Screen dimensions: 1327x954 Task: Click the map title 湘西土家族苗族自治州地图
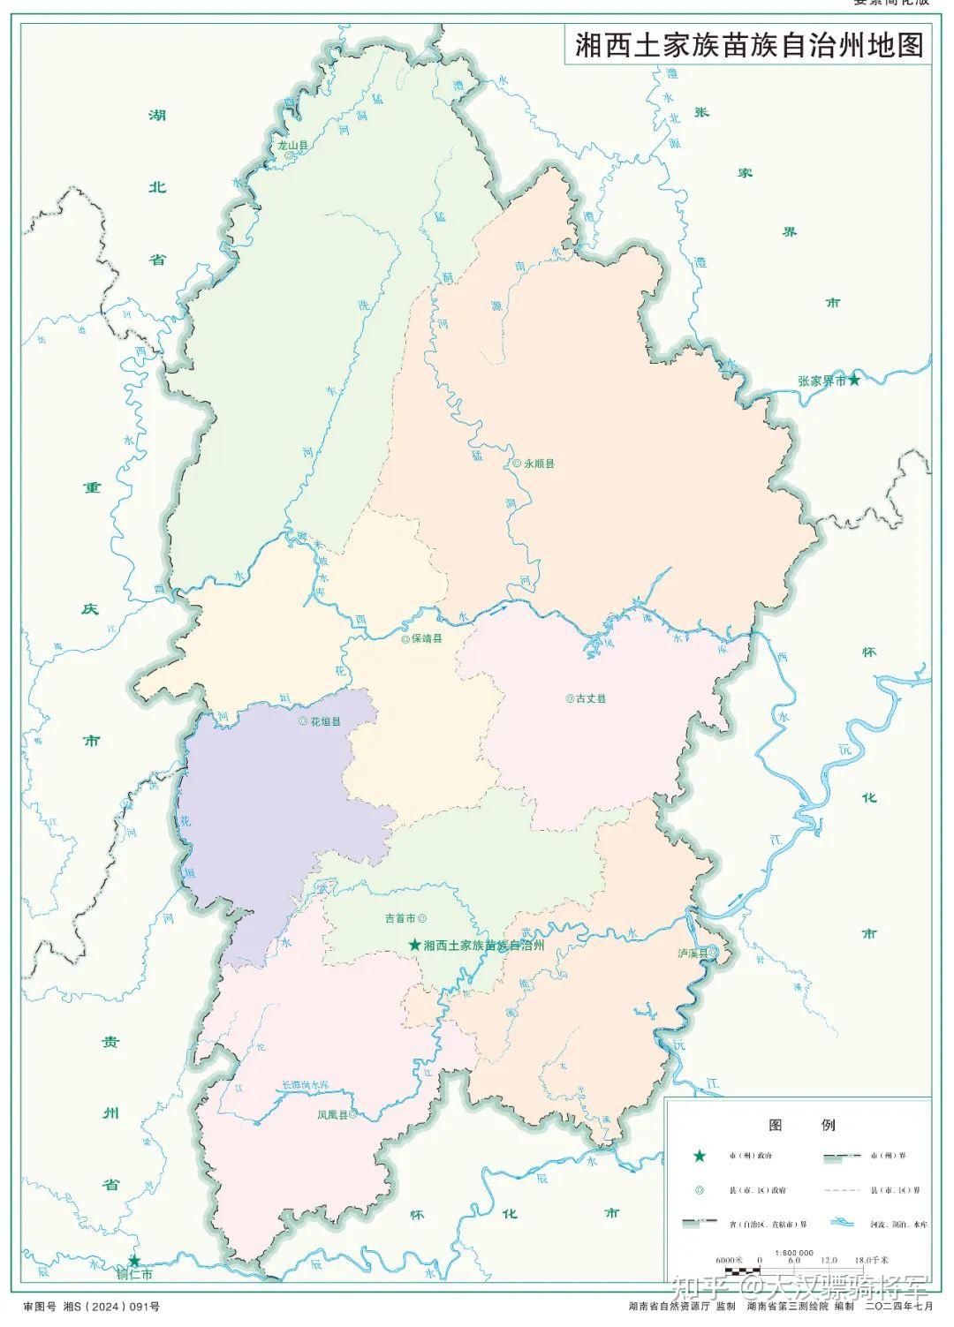tap(748, 44)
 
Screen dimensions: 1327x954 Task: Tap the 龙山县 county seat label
tap(292, 145)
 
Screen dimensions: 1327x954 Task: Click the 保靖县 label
tap(427, 638)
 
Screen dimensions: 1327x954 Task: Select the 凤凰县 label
tap(332, 1115)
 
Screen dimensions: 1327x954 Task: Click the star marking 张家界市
tap(854, 380)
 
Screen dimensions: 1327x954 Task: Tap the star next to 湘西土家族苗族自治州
tap(414, 945)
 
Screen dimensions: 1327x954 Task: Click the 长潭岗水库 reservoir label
tap(305, 1084)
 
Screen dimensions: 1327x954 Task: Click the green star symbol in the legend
tap(699, 1156)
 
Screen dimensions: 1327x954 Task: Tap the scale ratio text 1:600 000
tap(794, 1253)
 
